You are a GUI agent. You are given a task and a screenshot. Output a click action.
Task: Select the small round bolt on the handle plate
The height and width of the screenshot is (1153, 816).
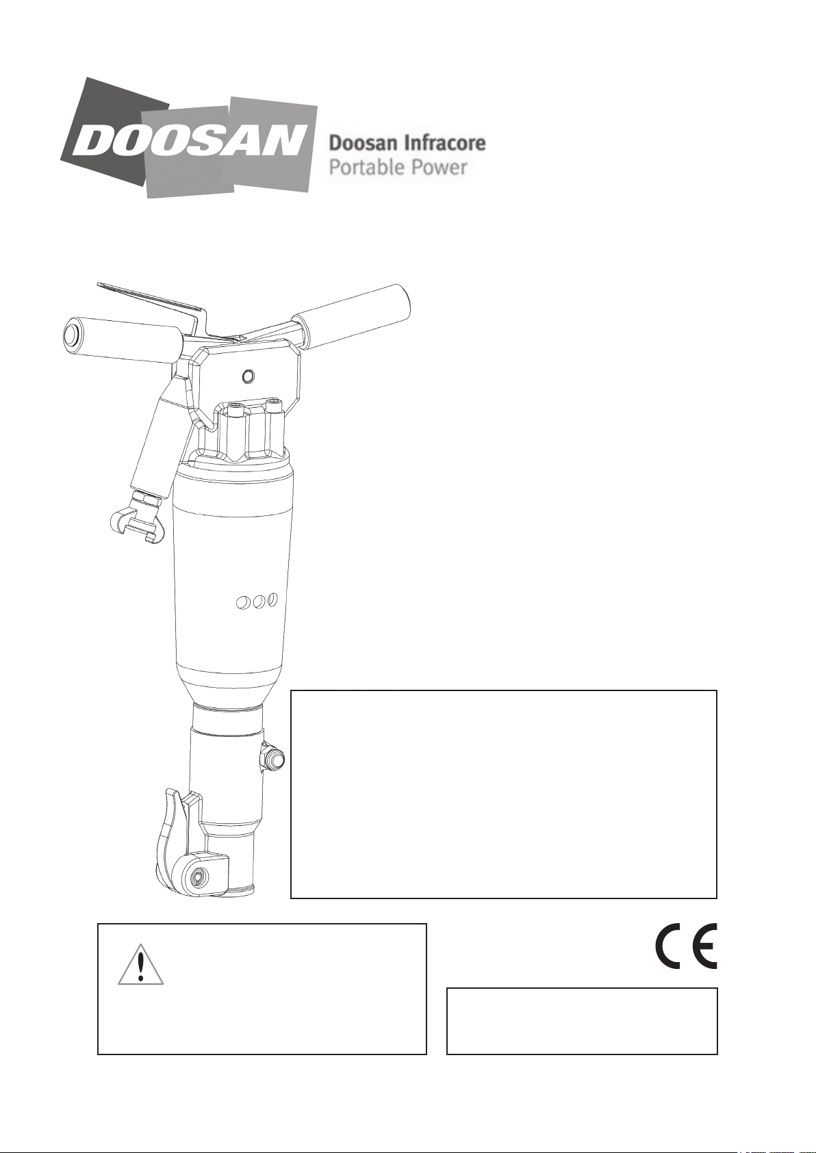tap(248, 376)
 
